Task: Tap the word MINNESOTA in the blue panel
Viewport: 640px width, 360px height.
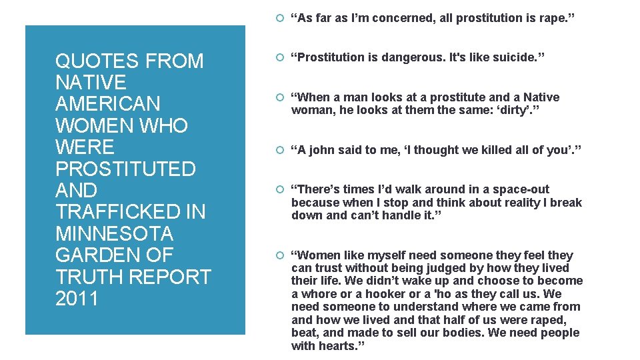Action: pyautogui.click(x=115, y=234)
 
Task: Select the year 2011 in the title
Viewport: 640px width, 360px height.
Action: pyautogui.click(x=77, y=299)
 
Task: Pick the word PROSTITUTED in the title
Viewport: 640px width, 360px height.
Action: pyautogui.click(x=125, y=169)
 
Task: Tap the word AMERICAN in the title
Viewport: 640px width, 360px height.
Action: pyautogui.click(x=107, y=104)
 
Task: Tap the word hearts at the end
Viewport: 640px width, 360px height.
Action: pyautogui.click(x=338, y=346)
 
